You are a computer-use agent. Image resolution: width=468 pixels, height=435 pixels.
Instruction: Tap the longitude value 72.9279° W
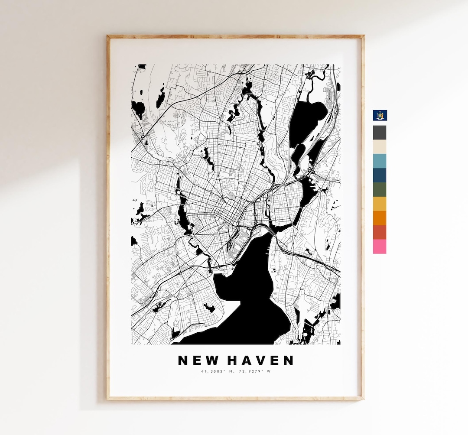tap(256, 371)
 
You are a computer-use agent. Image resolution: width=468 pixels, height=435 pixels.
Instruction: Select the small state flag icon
tap(380, 115)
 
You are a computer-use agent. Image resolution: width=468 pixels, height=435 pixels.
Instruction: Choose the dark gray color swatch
tap(380, 132)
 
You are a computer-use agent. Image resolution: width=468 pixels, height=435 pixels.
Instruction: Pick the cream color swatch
tap(380, 146)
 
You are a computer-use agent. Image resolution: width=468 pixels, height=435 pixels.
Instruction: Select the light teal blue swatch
tap(380, 161)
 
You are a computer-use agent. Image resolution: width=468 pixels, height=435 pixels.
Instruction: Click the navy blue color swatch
tap(380, 175)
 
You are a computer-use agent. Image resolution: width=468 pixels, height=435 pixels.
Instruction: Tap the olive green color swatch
tap(380, 189)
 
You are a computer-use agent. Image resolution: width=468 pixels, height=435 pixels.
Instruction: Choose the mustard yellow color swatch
tap(380, 204)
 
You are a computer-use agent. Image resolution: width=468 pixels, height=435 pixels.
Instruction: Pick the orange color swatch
tap(380, 218)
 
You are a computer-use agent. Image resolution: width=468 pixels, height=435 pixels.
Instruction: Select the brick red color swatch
tap(380, 232)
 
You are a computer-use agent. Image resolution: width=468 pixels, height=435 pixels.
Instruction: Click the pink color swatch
tap(380, 247)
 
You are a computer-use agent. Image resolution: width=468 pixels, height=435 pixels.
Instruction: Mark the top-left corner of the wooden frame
tap(108, 36)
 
